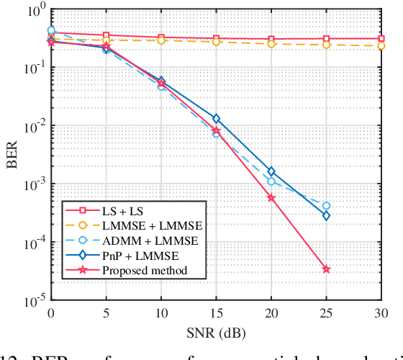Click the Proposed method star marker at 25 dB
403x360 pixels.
pos(326,269)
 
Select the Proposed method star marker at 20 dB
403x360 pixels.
pos(271,197)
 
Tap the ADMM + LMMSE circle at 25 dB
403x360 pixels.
pos(326,206)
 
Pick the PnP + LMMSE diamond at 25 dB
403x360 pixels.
pos(326,215)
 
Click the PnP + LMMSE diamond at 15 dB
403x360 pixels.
pos(216,119)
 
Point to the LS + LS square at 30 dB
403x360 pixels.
pos(381,39)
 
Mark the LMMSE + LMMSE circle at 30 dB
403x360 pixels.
pos(381,46)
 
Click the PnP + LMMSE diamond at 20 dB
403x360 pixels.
pos(271,171)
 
